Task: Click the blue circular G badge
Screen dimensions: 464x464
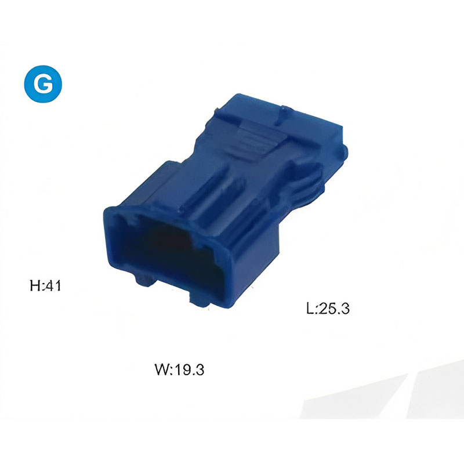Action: click(x=43, y=84)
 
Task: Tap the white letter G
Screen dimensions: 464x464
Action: click(x=43, y=84)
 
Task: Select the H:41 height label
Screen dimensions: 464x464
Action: click(x=45, y=286)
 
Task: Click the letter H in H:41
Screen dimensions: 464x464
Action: click(x=35, y=286)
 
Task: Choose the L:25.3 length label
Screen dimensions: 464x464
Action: click(x=328, y=309)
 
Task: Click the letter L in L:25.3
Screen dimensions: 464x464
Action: click(x=310, y=309)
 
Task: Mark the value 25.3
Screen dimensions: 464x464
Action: click(x=334, y=309)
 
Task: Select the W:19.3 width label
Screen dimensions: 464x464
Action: click(x=179, y=369)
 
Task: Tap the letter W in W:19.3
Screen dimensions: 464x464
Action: click(x=162, y=369)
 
